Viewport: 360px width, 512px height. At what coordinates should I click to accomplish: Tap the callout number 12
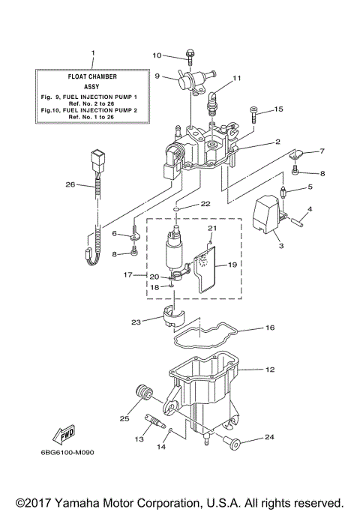click(x=270, y=369)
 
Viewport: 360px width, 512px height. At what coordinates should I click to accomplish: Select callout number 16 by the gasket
click(x=270, y=328)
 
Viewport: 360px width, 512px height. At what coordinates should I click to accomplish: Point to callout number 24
click(x=270, y=436)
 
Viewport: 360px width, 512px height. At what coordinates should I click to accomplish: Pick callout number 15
click(x=278, y=109)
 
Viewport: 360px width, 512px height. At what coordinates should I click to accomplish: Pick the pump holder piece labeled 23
click(x=173, y=317)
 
